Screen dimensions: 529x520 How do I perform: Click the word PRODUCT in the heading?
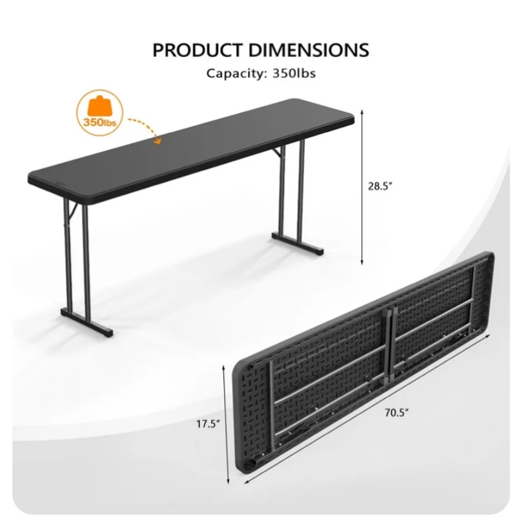point(197,49)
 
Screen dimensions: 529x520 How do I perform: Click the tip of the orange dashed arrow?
point(158,142)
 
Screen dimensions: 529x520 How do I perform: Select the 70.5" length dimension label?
point(397,413)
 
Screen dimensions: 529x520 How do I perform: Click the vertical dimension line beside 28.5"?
point(362,187)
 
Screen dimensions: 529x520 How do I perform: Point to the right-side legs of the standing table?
point(292,190)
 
